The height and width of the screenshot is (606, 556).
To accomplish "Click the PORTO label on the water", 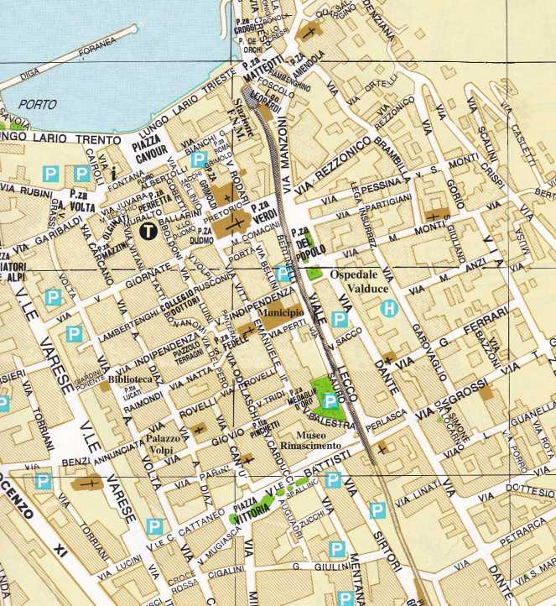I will coord(41,106).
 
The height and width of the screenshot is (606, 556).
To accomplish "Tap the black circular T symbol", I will coord(148,231).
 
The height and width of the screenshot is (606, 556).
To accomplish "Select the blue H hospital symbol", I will coord(387,309).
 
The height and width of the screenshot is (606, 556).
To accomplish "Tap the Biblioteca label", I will coord(130,379).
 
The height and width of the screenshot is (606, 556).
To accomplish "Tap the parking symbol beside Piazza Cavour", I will coord(198,159).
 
